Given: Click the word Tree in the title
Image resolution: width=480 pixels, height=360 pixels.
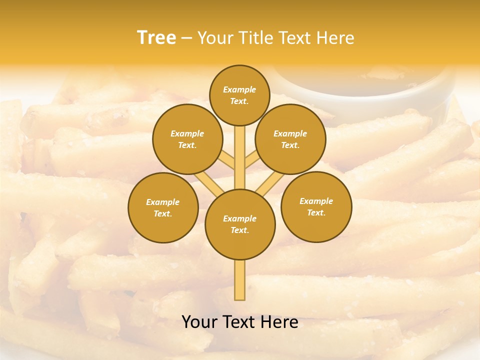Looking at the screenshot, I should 156,38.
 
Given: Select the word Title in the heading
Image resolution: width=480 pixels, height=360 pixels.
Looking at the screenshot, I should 255,38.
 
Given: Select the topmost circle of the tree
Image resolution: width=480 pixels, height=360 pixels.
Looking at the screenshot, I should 239,95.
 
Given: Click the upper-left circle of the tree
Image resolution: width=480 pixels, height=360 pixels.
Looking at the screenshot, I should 187,139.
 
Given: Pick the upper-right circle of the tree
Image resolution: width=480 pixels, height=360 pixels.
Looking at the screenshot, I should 290,139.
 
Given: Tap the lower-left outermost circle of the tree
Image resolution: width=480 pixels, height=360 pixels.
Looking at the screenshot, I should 163,207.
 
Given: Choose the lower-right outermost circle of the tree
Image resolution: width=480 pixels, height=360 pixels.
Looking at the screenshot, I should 316,206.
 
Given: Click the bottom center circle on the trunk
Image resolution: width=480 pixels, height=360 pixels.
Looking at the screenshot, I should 240,224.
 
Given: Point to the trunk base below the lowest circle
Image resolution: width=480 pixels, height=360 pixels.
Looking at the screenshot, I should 240,280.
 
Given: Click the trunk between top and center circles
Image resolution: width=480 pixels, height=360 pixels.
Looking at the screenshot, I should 240,157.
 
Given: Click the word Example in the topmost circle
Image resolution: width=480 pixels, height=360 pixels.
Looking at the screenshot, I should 239,89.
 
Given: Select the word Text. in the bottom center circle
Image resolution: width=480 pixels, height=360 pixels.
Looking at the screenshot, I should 239,230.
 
